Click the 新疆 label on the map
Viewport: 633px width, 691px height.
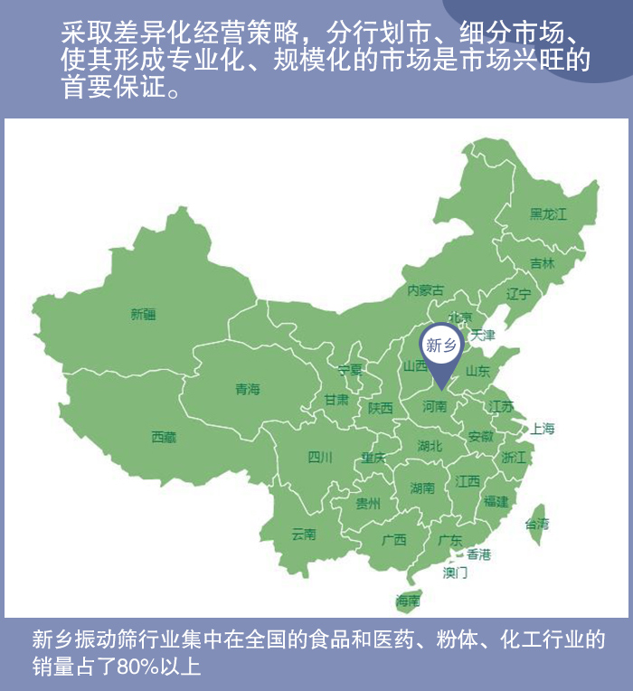(x=143, y=315)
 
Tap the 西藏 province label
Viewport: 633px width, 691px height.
(x=164, y=438)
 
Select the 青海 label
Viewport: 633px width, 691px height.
(x=247, y=390)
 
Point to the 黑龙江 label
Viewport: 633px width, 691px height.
(x=548, y=214)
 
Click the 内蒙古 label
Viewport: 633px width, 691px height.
(x=425, y=290)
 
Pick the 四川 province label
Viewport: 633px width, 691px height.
(x=320, y=457)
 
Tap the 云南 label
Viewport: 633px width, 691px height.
(x=304, y=535)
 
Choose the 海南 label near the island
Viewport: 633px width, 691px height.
(x=408, y=601)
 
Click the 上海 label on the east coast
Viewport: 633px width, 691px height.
(x=543, y=429)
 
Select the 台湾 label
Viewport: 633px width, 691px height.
(x=536, y=524)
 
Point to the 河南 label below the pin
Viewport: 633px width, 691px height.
(x=435, y=407)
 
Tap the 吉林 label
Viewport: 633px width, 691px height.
(x=543, y=264)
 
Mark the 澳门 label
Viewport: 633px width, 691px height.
(x=455, y=573)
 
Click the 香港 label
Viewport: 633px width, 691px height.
(x=478, y=554)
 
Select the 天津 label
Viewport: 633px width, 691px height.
(x=483, y=336)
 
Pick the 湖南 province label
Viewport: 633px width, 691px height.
(x=422, y=488)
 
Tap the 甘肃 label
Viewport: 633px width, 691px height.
(x=337, y=400)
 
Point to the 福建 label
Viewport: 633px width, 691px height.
(x=496, y=501)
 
